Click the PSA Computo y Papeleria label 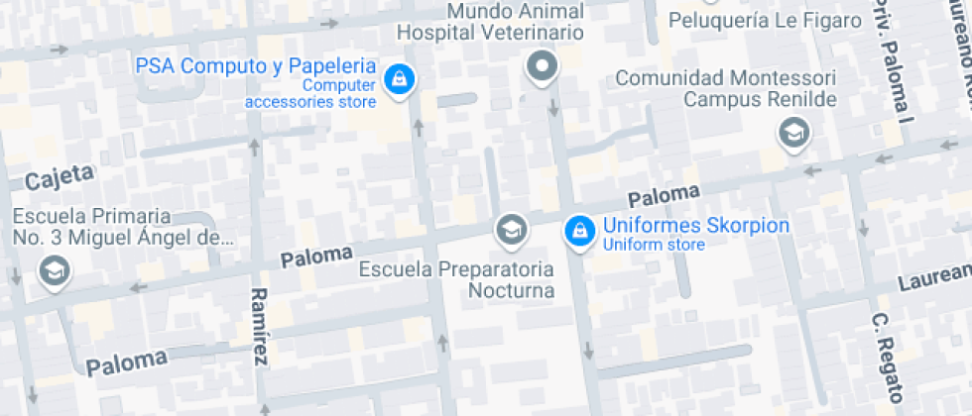click(256, 67)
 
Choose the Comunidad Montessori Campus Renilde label click(726, 88)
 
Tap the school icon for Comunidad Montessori click(793, 132)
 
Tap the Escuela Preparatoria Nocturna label click(456, 279)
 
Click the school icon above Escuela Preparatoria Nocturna click(511, 229)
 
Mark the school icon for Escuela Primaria click(53, 269)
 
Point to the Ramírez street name click(260, 327)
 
